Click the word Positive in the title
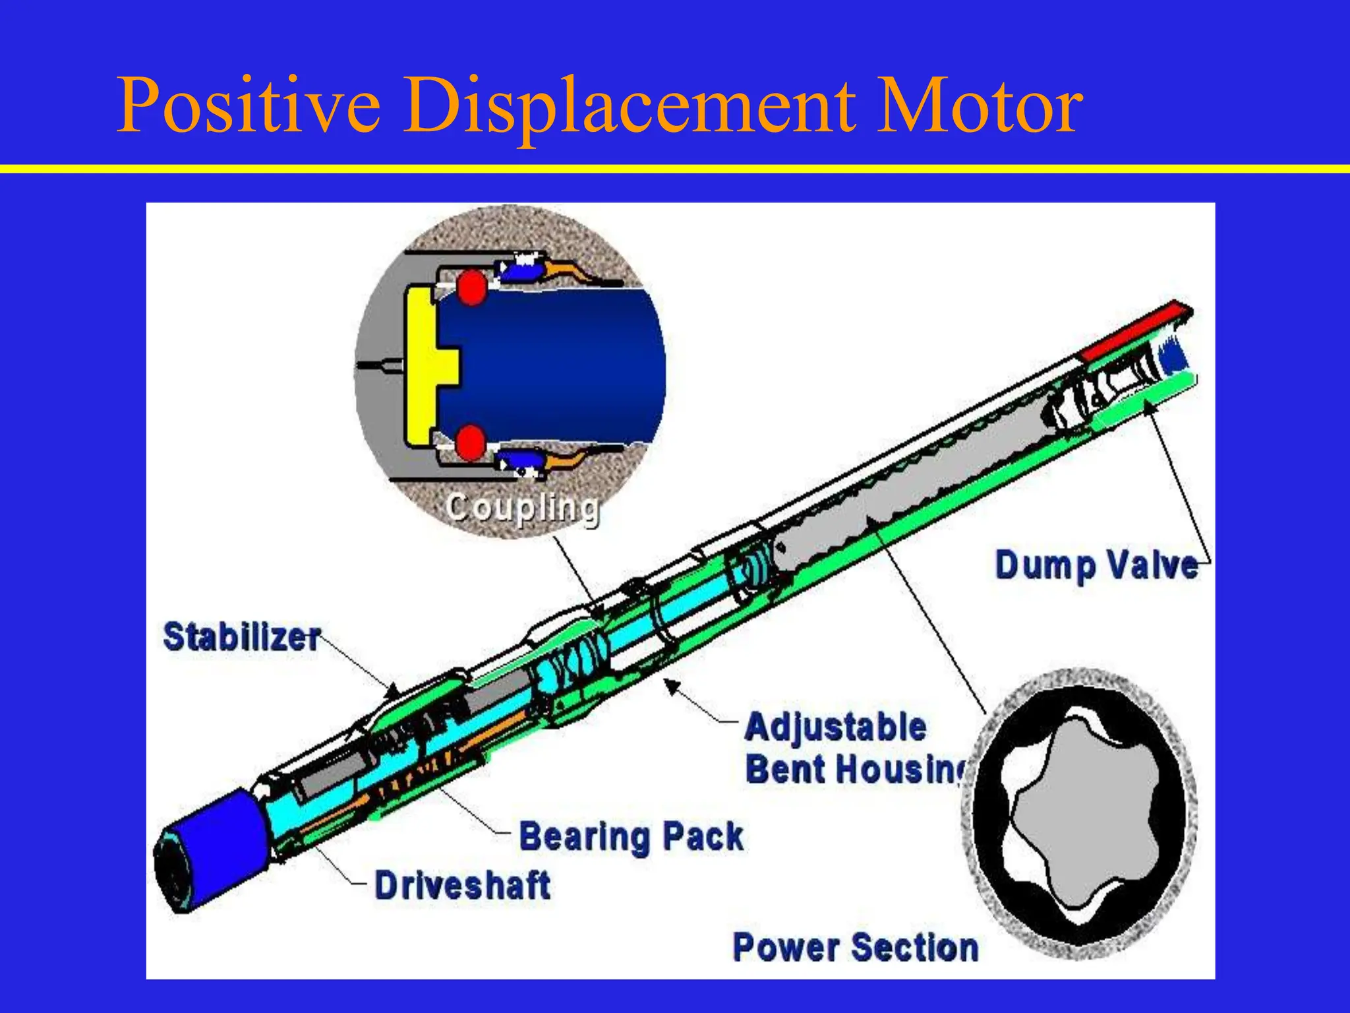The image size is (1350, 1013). [249, 106]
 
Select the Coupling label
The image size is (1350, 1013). [522, 508]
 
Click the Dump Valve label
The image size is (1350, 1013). [1096, 566]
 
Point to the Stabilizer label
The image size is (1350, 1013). [241, 637]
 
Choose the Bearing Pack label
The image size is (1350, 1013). [631, 837]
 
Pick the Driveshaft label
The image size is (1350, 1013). [463, 885]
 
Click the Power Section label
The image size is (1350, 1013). [856, 948]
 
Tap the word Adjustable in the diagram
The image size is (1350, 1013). [836, 727]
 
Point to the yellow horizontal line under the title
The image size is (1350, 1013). [675, 169]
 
